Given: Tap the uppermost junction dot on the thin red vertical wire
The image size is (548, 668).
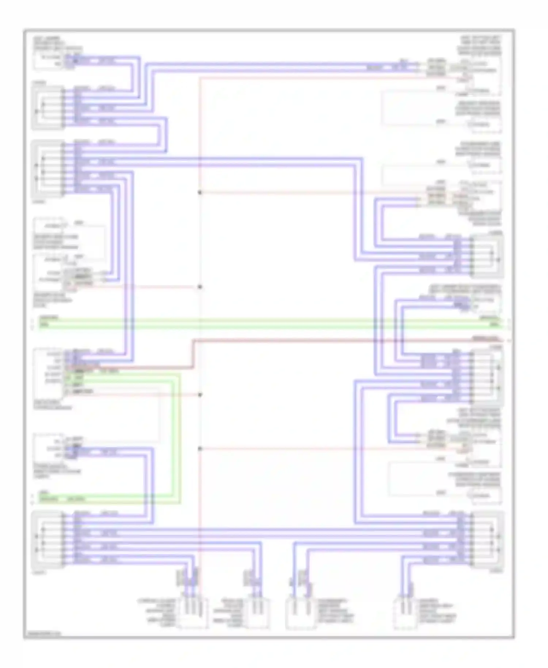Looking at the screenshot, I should [200, 193].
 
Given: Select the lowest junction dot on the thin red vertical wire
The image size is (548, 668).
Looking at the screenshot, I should [200, 449].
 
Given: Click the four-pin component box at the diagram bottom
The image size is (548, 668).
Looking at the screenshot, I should [192, 615].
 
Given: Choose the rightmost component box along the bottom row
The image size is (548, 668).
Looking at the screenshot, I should [406, 615].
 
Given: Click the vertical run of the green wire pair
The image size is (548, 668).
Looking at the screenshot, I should [175, 435].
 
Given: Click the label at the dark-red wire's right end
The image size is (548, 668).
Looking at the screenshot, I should [485, 339].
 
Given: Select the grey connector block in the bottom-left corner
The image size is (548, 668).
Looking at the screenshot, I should [48, 541].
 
